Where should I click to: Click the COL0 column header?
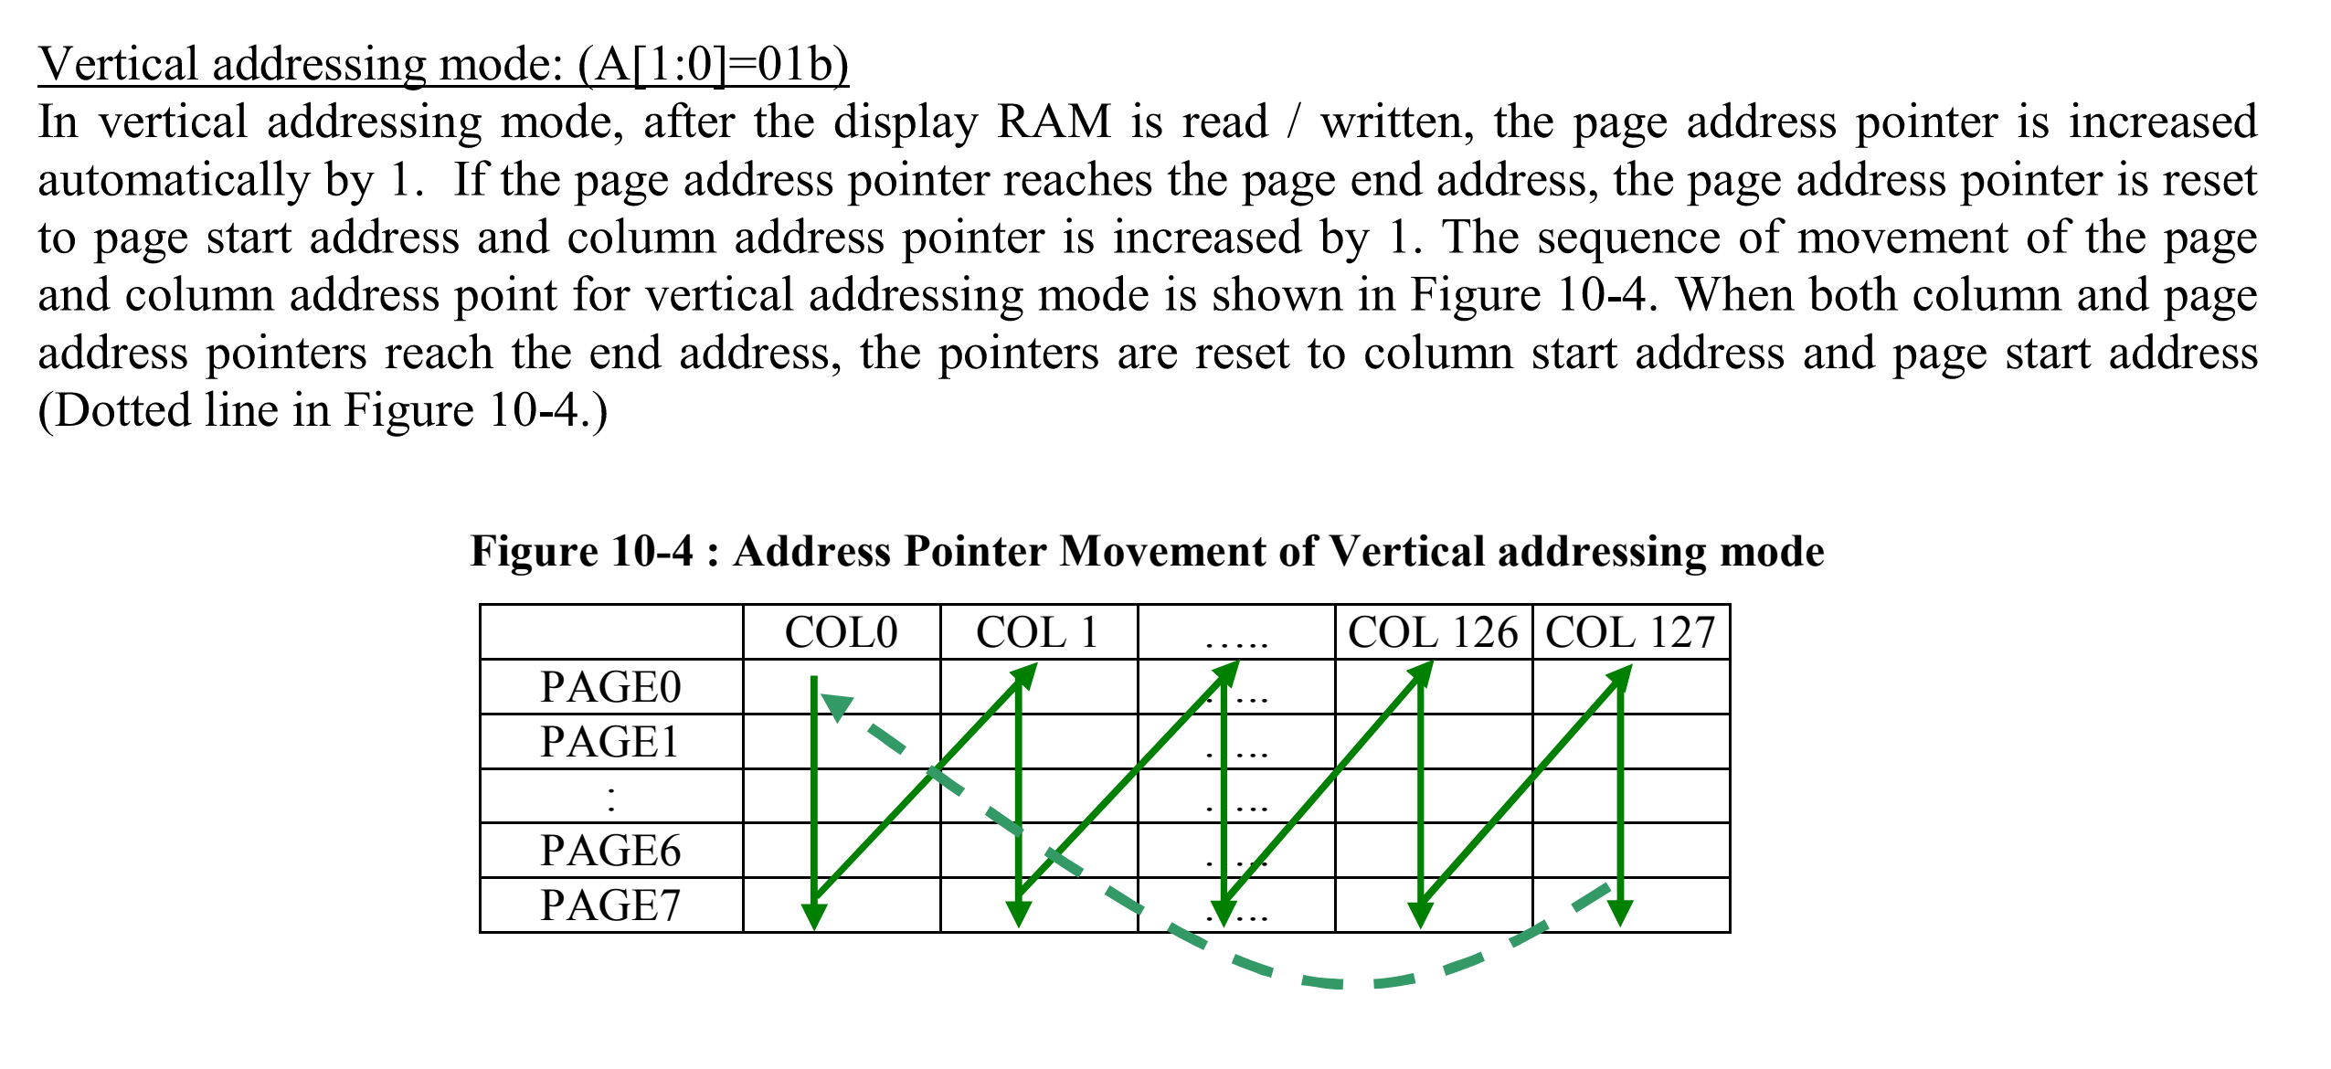841,632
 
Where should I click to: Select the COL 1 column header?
1037,632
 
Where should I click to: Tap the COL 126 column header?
1432,632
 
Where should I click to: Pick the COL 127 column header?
1630,632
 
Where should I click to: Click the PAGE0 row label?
610,687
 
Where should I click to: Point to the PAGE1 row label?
610,742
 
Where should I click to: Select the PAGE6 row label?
610,851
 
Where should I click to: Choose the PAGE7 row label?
610,905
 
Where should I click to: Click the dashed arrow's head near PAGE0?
836,705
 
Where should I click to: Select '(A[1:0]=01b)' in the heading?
713,64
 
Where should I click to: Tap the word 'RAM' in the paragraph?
1054,122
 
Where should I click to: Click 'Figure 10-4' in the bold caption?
581,551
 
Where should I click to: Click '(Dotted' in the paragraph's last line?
111,410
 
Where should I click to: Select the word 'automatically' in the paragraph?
174,180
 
